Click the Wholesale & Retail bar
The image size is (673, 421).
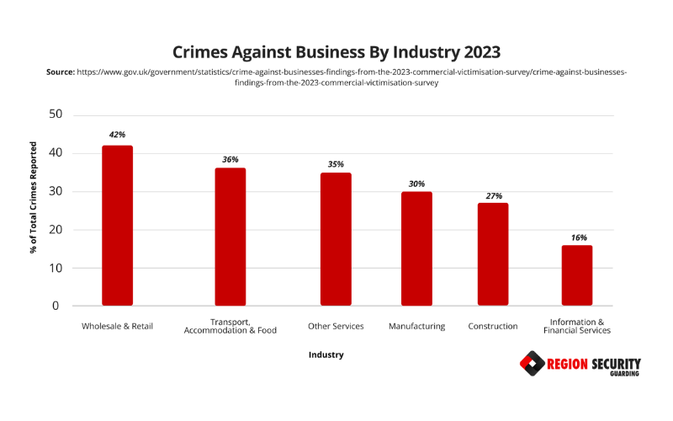[117, 226]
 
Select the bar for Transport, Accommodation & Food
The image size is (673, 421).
[230, 237]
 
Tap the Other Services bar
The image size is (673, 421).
[336, 239]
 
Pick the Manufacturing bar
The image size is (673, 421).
[416, 248]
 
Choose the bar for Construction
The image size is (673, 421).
[493, 254]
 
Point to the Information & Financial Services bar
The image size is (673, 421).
[577, 275]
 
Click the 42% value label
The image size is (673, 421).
[117, 134]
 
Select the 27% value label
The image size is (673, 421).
[493, 195]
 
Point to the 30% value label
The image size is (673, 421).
[416, 184]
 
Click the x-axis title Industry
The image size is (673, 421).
[326, 354]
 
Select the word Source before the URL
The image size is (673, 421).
[60, 73]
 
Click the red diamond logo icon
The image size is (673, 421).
[532, 364]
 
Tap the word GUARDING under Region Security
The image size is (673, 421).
[623, 374]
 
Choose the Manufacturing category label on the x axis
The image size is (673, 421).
[416, 326]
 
